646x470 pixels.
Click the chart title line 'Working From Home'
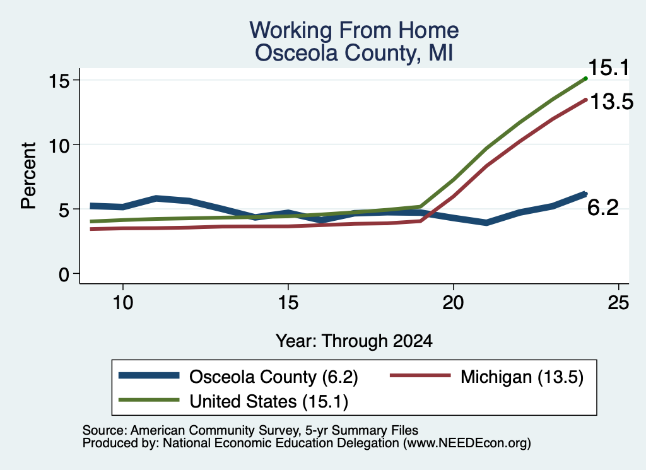354,30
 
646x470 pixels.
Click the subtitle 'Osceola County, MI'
354,53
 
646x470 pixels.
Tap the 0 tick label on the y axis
64,274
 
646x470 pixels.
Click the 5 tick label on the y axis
64,209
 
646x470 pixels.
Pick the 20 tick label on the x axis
453,303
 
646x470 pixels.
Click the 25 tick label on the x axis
618,303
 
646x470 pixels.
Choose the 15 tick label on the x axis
288,303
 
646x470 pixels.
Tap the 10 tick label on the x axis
123,303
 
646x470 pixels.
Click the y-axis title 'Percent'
28,176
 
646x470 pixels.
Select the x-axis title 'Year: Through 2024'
354,341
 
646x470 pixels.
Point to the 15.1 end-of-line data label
609,68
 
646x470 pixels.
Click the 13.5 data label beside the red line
612,102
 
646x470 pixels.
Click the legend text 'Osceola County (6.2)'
274,377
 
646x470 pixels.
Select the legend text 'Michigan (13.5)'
522,377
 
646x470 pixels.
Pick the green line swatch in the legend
149,400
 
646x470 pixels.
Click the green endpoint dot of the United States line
585,78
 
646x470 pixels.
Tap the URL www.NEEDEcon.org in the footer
467,444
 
